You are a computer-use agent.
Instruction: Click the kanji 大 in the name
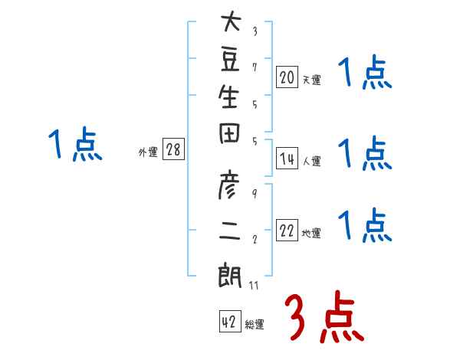tap(232, 21)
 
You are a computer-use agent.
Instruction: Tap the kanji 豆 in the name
tap(230, 60)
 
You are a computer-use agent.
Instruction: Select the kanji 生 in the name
tap(228, 97)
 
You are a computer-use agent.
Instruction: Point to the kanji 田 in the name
tap(229, 133)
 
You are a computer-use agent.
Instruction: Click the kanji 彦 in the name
tap(228, 185)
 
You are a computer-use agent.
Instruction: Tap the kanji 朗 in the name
tap(230, 277)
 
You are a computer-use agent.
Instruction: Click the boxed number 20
tap(287, 77)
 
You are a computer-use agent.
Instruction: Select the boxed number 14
tap(287, 159)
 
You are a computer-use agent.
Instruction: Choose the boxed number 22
tap(287, 230)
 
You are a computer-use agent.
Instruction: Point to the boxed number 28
tap(173, 149)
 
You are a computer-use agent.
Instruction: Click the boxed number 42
tap(230, 321)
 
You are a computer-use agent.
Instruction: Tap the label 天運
tap(312, 80)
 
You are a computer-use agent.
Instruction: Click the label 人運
tap(312, 161)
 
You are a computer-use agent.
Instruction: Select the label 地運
tap(311, 233)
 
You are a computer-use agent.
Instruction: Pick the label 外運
tap(148, 152)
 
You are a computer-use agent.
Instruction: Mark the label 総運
tap(255, 324)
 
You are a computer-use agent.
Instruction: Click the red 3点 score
tap(324, 316)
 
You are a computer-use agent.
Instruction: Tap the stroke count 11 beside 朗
tap(254, 285)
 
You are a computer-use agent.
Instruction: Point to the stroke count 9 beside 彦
tap(255, 194)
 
